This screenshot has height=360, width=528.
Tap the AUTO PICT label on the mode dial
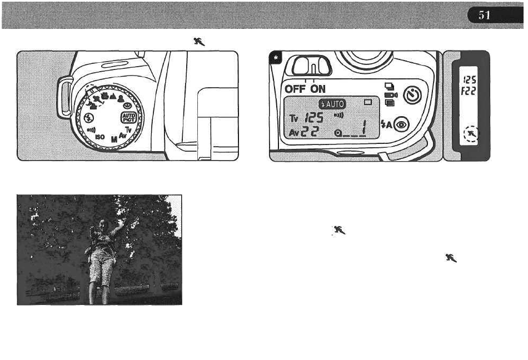128,118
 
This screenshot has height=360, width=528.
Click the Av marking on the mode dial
124,134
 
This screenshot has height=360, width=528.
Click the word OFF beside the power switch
297,89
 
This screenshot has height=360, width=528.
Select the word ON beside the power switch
318,89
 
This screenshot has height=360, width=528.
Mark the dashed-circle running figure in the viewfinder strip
471,134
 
